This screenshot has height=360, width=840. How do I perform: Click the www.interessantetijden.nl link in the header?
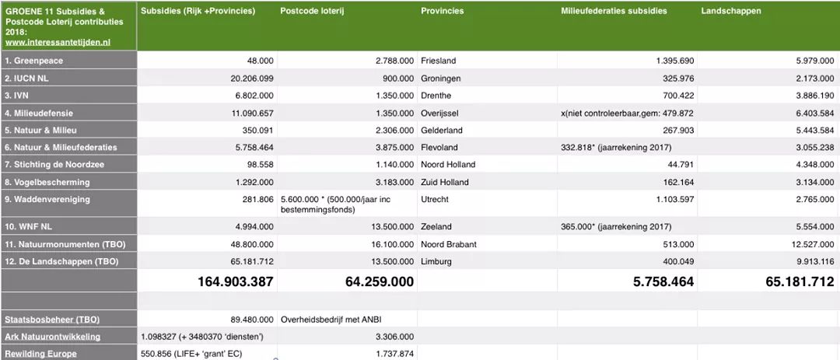click(x=58, y=43)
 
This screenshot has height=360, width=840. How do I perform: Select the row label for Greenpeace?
click(x=35, y=61)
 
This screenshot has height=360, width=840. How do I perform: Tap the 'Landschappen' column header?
click(x=731, y=11)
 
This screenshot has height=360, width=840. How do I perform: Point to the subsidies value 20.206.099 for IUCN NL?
click(x=244, y=79)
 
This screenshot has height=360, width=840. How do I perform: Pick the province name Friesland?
click(x=439, y=61)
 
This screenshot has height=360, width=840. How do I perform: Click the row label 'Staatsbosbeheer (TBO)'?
click(x=52, y=320)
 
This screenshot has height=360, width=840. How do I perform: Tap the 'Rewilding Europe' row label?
click(x=41, y=354)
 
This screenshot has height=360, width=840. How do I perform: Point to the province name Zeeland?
click(x=436, y=226)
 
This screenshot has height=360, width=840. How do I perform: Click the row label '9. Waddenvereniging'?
click(x=47, y=199)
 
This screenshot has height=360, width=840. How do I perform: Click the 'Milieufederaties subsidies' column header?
click(x=614, y=11)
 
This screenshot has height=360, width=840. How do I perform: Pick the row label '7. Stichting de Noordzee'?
click(x=54, y=165)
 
